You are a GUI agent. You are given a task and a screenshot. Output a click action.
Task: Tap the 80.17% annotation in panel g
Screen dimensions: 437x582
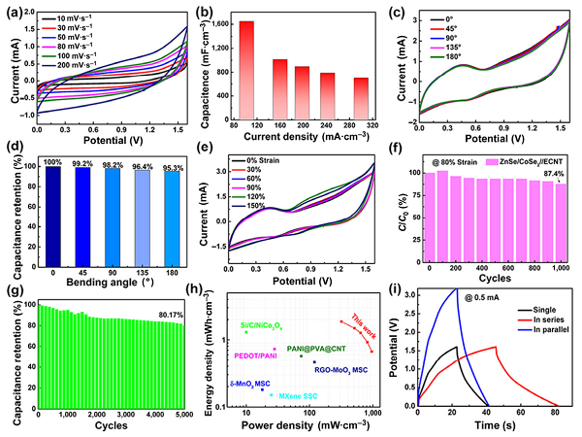point(168,313)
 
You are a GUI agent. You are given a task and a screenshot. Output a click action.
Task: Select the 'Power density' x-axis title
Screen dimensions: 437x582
point(299,424)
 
